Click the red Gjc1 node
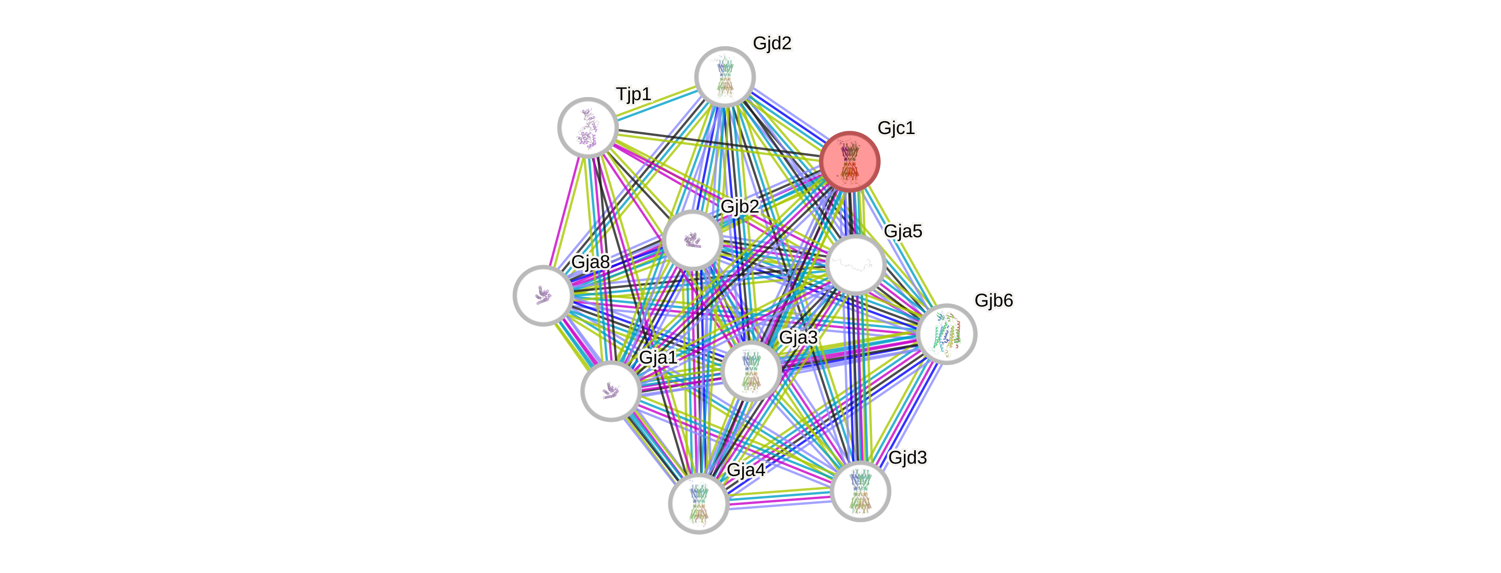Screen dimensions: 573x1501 click(x=849, y=161)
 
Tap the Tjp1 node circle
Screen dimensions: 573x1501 click(x=587, y=128)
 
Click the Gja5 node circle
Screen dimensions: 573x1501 click(x=855, y=265)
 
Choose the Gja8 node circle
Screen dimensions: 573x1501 click(x=543, y=296)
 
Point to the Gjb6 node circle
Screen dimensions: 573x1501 click(x=946, y=334)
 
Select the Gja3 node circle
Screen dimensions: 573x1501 click(x=751, y=371)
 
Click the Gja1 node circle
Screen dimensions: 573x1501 click(x=611, y=390)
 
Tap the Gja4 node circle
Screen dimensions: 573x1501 click(x=698, y=503)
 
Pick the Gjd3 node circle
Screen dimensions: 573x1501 click(x=860, y=491)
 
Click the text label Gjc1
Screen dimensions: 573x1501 click(x=896, y=128)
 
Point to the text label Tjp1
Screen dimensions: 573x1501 click(x=633, y=94)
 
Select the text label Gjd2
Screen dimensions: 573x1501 click(x=772, y=43)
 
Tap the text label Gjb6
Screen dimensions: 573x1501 click(x=993, y=300)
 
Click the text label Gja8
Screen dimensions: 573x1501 click(x=590, y=262)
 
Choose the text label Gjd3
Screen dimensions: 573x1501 click(x=907, y=457)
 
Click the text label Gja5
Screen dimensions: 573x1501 click(x=902, y=232)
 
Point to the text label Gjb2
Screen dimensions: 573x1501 click(x=739, y=207)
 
